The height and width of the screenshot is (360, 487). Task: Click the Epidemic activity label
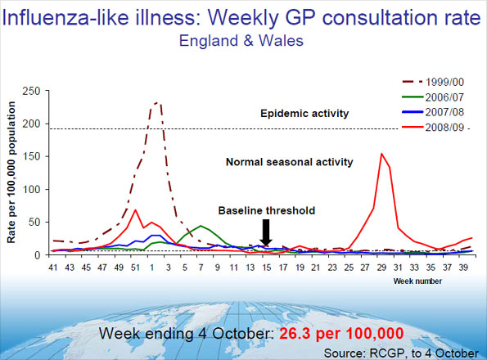[x=304, y=112]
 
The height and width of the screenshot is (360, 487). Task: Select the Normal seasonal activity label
[x=289, y=162]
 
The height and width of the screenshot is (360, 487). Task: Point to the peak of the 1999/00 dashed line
[x=156, y=103]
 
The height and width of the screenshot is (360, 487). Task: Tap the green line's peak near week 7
[x=201, y=226]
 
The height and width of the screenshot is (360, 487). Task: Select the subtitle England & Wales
[x=243, y=40]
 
